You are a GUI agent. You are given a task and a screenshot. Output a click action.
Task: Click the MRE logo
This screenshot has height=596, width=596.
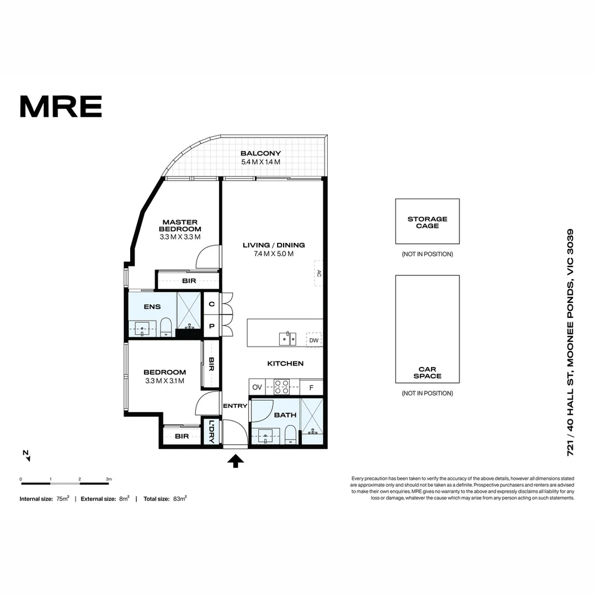pos(61,107)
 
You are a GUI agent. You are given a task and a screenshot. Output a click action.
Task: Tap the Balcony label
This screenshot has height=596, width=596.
pos(260,153)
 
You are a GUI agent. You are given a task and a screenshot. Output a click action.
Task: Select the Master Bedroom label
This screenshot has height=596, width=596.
pos(180,226)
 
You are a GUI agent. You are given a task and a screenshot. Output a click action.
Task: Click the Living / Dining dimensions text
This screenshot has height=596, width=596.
pos(274,254)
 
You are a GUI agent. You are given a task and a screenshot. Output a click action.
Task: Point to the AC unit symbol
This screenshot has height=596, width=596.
pos(318,273)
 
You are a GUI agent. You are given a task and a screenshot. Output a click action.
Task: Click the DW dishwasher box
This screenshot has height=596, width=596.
pos(313,340)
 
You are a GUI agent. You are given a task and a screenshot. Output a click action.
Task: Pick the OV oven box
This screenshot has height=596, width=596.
pos(257,387)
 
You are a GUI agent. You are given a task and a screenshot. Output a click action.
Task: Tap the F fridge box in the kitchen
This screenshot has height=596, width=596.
pos(311,387)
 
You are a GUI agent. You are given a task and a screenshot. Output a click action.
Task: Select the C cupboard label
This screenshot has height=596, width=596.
pos(211,303)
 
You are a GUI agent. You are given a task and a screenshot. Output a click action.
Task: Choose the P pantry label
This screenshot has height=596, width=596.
pos(211,326)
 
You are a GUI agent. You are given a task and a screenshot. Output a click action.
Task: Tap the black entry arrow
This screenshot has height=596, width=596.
pos(236,461)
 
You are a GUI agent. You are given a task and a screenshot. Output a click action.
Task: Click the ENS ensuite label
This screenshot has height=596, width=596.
pos(152,307)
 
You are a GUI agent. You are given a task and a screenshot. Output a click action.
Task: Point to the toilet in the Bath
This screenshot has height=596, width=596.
pos(290,435)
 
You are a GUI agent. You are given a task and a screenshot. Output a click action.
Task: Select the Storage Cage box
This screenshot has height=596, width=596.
pos(427,221)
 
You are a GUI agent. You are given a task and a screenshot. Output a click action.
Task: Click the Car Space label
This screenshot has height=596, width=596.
pos(427,372)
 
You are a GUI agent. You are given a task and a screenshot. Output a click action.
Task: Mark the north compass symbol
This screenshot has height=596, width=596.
pos(26,455)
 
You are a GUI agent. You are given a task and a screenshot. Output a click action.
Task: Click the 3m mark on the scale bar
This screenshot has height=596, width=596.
pos(109,479)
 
